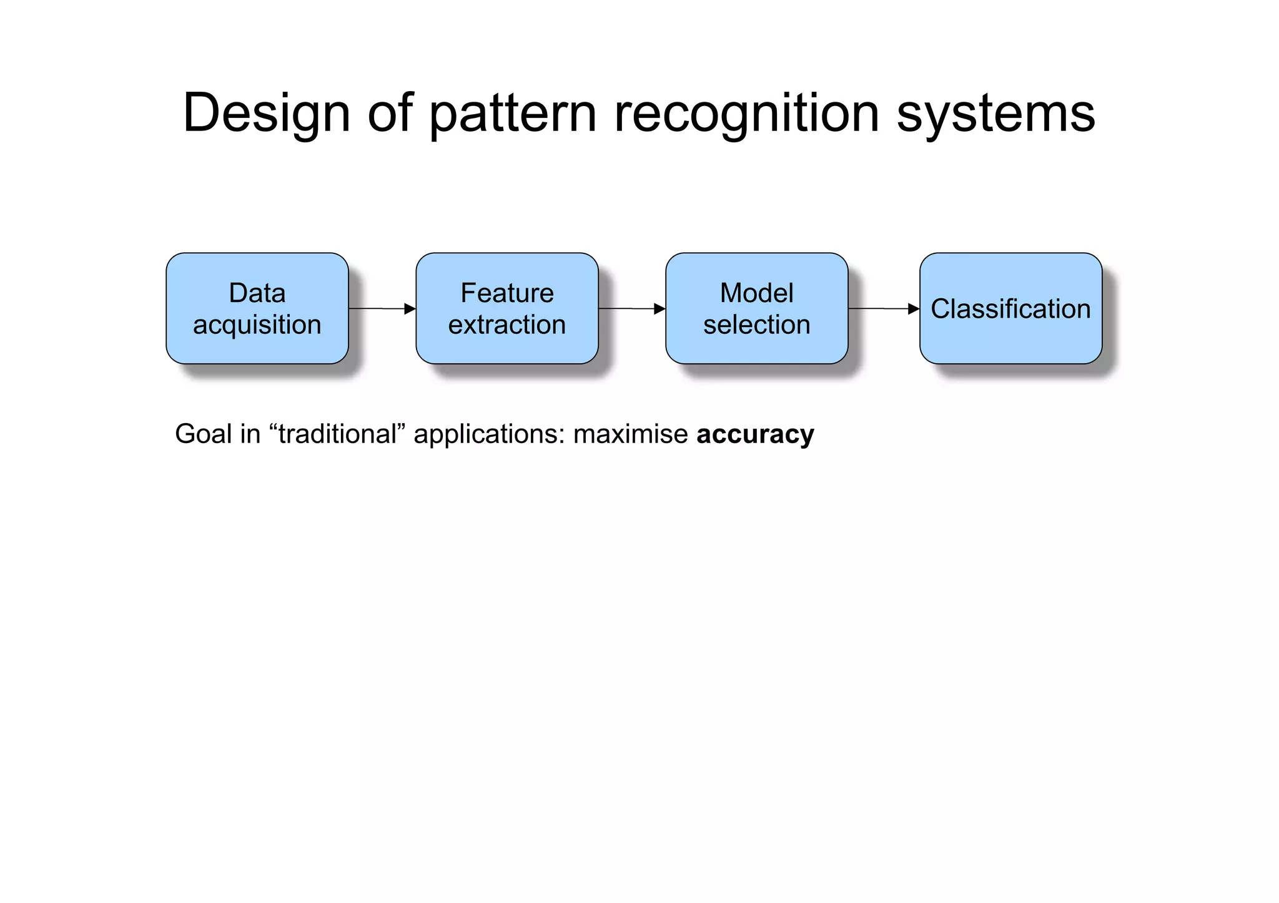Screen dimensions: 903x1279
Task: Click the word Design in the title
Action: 266,114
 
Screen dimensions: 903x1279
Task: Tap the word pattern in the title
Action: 512,114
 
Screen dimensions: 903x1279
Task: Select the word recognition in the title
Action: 747,114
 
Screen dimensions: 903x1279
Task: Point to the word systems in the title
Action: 995,114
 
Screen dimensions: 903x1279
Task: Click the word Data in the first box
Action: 257,293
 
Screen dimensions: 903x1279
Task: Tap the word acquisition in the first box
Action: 257,325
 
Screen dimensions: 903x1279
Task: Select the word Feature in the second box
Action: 507,293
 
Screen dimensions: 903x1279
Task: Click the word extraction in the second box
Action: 507,325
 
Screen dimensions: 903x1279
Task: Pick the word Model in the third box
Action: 756,293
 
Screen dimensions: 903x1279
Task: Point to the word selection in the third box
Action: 756,325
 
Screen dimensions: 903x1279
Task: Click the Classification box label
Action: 1010,309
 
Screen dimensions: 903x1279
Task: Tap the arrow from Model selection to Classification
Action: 884,309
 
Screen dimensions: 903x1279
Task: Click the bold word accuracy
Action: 755,434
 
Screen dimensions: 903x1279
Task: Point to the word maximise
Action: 630,434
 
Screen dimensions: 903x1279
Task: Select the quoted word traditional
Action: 337,434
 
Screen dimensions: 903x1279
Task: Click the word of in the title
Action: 390,114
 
